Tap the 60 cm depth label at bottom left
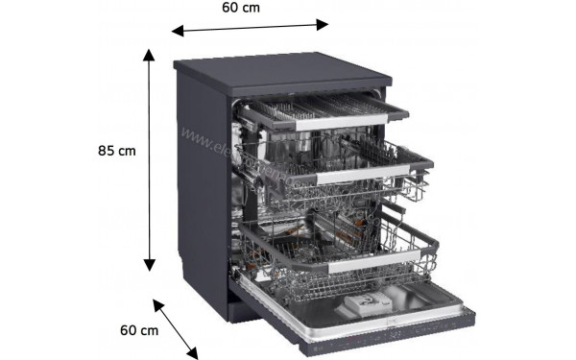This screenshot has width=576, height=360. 138,330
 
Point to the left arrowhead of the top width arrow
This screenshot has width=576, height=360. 177,32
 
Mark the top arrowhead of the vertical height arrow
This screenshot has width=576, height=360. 149,54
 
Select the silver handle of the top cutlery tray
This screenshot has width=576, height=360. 331,121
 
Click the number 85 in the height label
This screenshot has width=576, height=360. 107,151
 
